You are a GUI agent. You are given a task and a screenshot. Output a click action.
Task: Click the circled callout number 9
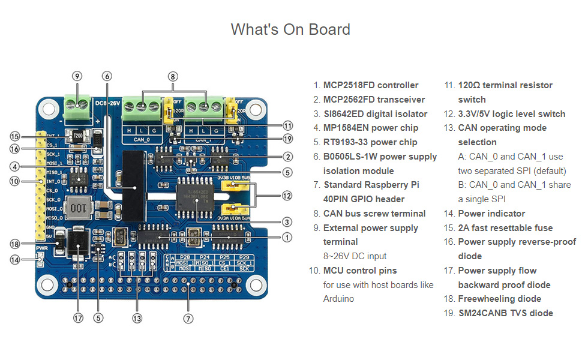pos(77,76)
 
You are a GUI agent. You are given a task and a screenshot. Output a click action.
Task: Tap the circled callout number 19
pos(288,139)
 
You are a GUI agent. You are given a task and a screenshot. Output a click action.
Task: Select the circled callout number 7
pos(188,319)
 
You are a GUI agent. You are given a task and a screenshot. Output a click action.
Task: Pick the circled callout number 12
pos(288,196)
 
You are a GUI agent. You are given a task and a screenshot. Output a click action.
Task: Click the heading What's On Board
pos(290,29)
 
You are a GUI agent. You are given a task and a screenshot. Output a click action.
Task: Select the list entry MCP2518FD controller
pos(370,85)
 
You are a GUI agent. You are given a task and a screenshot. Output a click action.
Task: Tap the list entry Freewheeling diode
pos(499,299)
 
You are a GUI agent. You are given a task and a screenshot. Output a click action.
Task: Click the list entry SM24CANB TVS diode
pos(505,313)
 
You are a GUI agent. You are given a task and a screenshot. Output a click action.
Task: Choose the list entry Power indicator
pos(491,214)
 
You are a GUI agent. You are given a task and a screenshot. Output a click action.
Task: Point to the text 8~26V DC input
pos(355,256)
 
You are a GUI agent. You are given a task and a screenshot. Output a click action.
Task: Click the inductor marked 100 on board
pos(79,209)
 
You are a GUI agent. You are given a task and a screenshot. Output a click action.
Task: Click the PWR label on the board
pos(41,248)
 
